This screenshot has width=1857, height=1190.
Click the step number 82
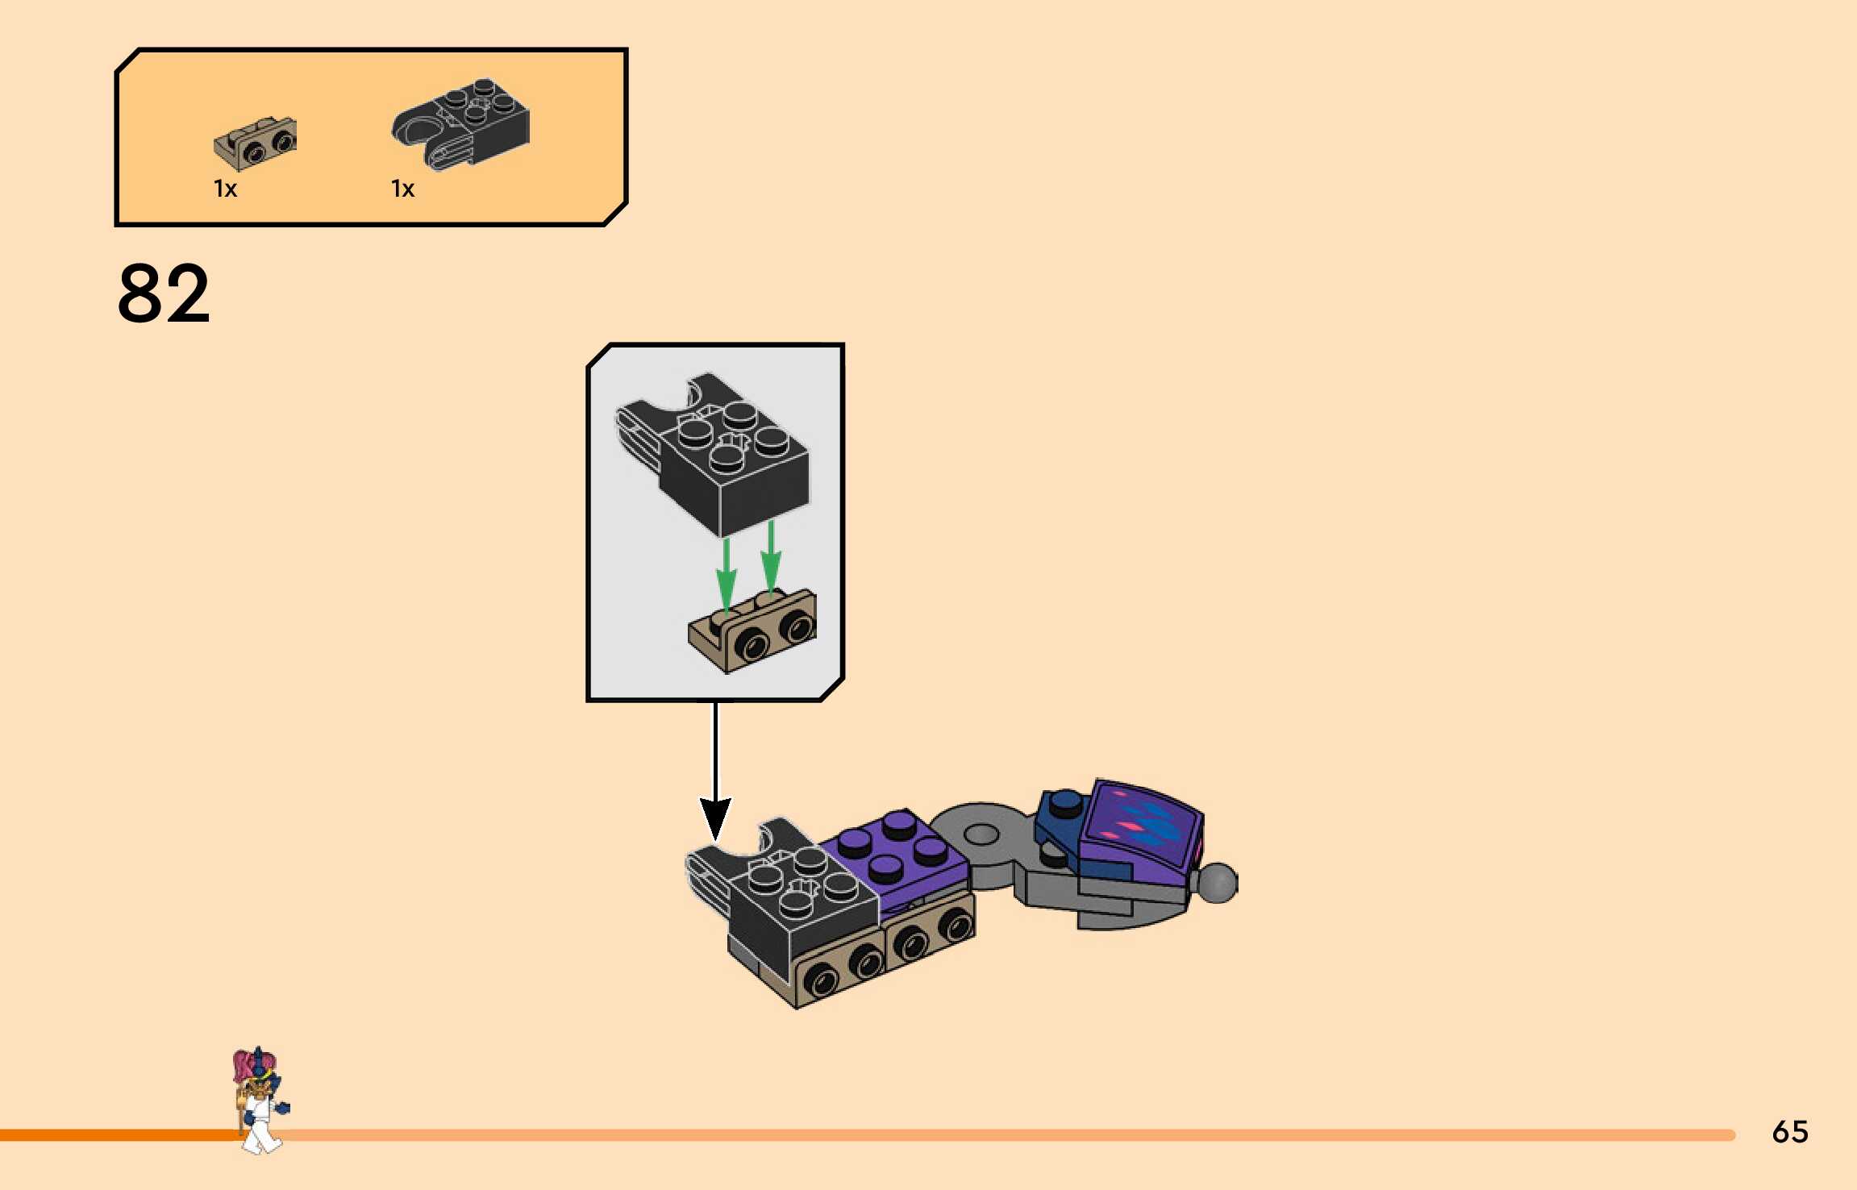pyautogui.click(x=164, y=293)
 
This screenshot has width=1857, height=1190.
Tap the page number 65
pyautogui.click(x=1789, y=1132)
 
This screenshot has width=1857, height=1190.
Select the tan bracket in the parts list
pyautogui.click(x=256, y=143)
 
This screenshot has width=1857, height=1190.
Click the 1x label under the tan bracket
pyautogui.click(x=225, y=189)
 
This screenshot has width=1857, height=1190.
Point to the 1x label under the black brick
pyautogui.click(x=402, y=189)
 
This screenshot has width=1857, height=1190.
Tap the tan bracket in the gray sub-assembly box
pyautogui.click(x=754, y=633)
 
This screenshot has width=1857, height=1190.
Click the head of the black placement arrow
pyautogui.click(x=715, y=818)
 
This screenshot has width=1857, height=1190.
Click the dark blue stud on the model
pyautogui.click(x=1065, y=801)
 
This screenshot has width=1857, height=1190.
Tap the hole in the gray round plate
pyautogui.click(x=981, y=834)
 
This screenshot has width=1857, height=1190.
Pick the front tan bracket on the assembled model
pyautogui.click(x=843, y=972)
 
